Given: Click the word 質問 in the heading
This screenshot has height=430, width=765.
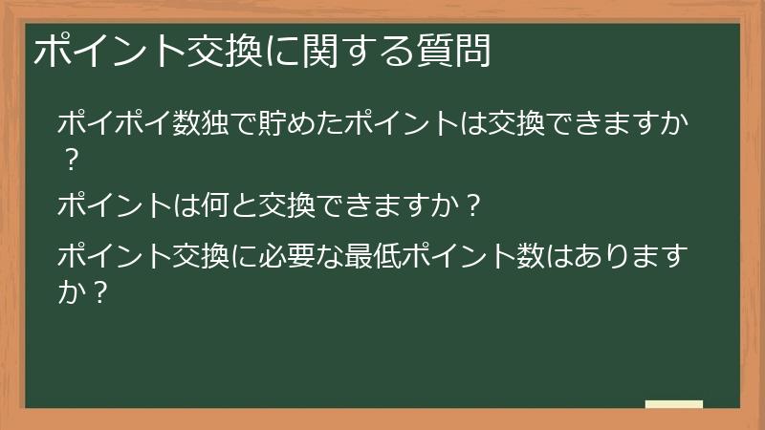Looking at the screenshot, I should click(454, 52).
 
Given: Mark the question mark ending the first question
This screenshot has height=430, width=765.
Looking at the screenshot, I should click(70, 160).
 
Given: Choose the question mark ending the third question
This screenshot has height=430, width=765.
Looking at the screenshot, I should click(97, 290).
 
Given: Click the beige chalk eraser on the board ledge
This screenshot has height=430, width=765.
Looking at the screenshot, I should click(674, 405).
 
